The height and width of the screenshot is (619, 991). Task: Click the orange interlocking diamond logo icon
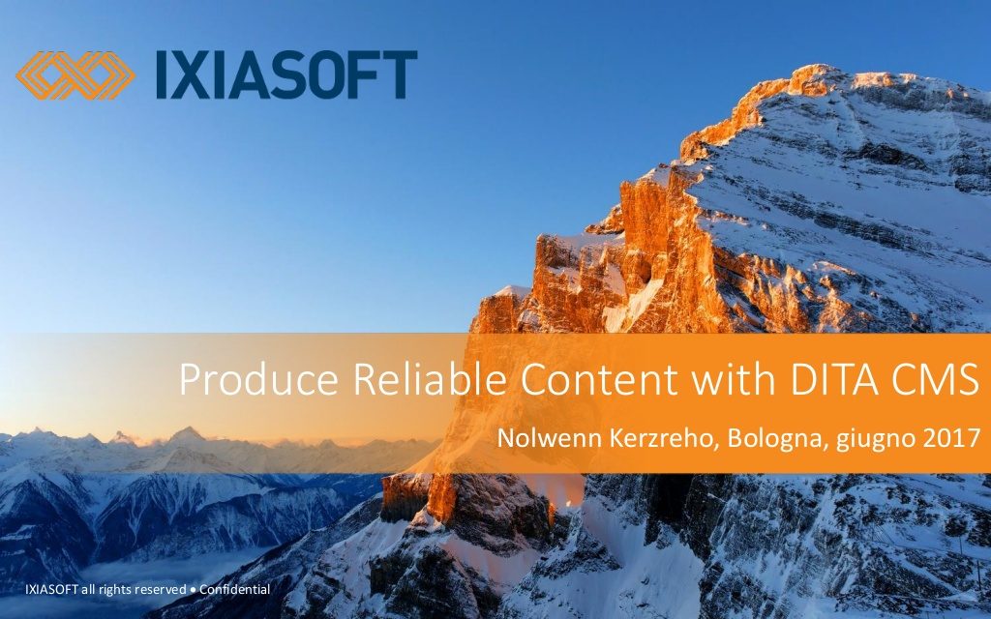coord(75,75)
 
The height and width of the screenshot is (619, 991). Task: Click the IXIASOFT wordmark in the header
coord(286,75)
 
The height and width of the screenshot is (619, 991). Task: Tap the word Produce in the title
coord(258,380)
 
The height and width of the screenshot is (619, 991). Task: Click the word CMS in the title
coord(936,379)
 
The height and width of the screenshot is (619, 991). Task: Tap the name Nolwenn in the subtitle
coord(550,438)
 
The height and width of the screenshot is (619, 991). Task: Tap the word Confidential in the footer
coord(234,589)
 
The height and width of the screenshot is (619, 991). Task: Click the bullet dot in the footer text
coord(193,590)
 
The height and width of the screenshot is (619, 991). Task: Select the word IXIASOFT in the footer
coord(52,590)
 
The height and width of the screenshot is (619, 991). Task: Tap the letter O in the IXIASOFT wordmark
coord(333,75)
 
